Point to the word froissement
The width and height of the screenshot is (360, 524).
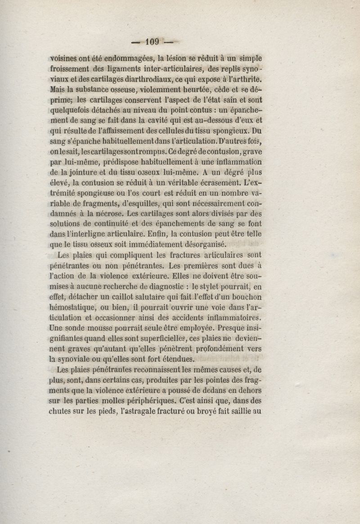pos(71,70)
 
